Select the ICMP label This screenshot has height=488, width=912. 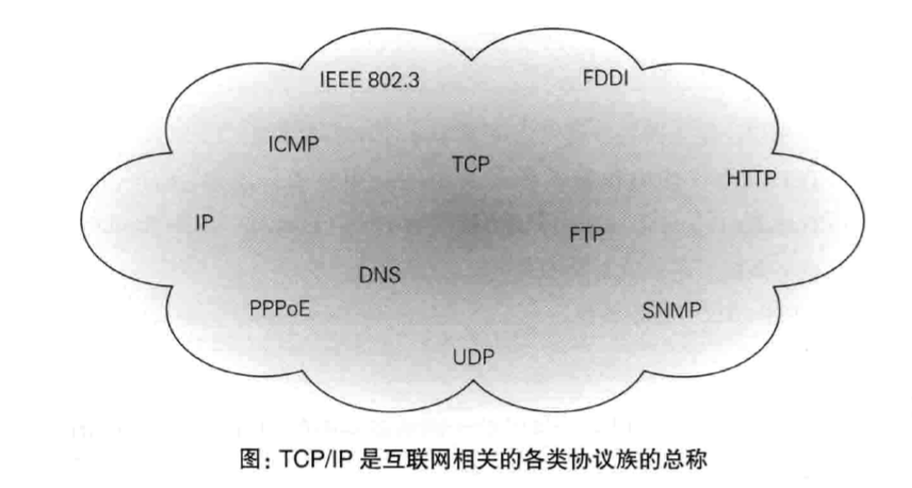[x=293, y=144]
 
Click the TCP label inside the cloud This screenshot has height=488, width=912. [x=472, y=165]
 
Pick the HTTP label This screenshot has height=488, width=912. [x=751, y=178]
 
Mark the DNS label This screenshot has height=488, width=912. [x=379, y=276]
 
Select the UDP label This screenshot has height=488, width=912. [x=473, y=360]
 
